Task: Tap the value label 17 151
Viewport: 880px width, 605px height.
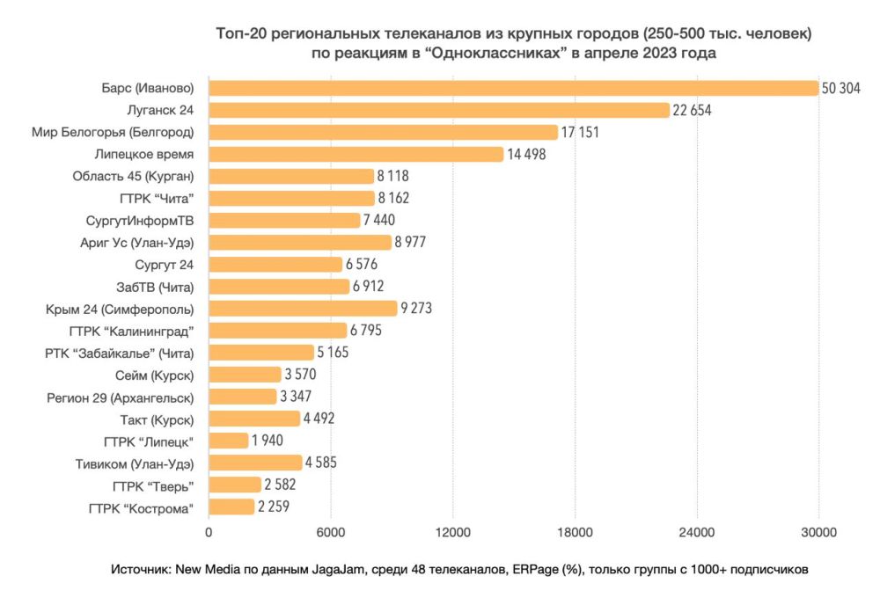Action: pyautogui.click(x=583, y=132)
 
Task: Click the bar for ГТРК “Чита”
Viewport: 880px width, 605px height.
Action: pyautogui.click(x=291, y=198)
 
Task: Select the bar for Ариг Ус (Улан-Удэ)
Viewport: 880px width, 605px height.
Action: pyautogui.click(x=299, y=242)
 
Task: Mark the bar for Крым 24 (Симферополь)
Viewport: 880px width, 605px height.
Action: pyautogui.click(x=303, y=308)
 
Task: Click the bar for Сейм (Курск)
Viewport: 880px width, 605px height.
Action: pyautogui.click(x=245, y=375)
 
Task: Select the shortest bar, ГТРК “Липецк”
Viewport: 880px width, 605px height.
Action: pyautogui.click(x=228, y=441)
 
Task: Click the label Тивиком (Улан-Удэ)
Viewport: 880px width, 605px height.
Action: pyautogui.click(x=136, y=463)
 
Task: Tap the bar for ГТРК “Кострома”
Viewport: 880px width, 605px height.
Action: pyautogui.click(x=231, y=507)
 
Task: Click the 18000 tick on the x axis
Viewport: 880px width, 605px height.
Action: pyautogui.click(x=575, y=531)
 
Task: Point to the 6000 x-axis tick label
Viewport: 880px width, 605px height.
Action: pyautogui.click(x=331, y=531)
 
